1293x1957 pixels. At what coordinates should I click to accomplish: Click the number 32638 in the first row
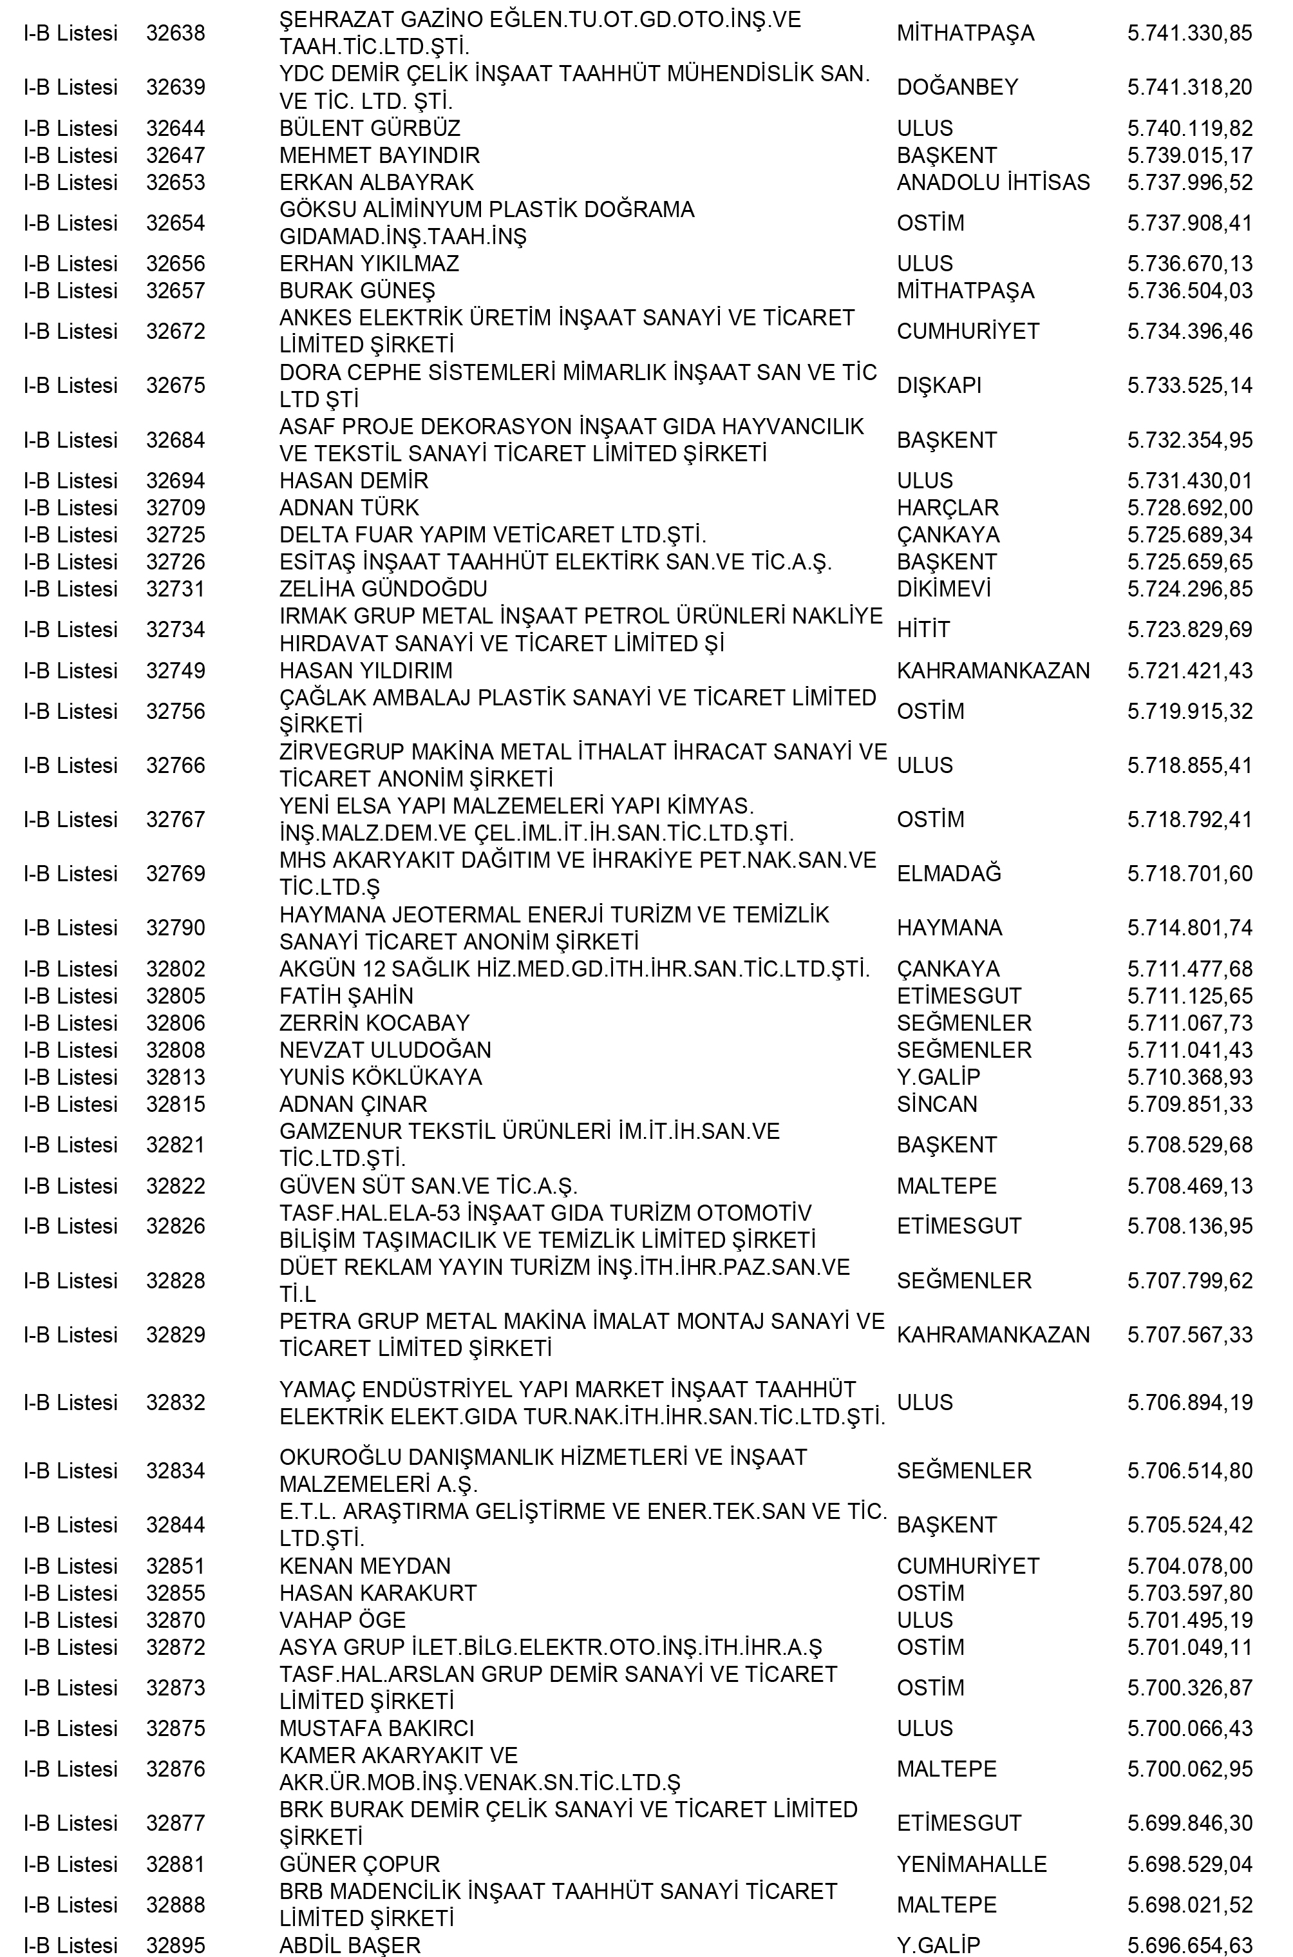tap(176, 33)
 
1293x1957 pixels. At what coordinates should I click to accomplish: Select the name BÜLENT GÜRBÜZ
tap(370, 129)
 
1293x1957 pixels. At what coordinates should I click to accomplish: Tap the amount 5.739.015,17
tap(1189, 156)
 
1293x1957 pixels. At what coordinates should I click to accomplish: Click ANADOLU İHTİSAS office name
tap(993, 182)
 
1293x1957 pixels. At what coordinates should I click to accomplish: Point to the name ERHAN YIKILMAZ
tap(368, 264)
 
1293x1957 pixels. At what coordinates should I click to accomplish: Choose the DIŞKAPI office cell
tap(938, 386)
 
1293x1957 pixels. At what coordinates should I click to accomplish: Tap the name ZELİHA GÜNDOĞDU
tap(382, 589)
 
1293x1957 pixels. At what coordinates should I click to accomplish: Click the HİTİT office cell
tap(923, 630)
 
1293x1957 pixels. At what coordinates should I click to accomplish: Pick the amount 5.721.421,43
tap(1189, 671)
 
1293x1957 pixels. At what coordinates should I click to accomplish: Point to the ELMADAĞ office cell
tap(949, 874)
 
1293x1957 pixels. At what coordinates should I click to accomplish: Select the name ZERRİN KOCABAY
tap(373, 1024)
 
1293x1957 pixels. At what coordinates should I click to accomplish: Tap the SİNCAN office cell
tap(937, 1104)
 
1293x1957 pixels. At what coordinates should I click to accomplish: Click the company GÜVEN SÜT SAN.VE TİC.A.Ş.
tap(428, 1186)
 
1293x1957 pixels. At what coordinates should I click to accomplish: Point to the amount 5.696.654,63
tap(1189, 1945)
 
